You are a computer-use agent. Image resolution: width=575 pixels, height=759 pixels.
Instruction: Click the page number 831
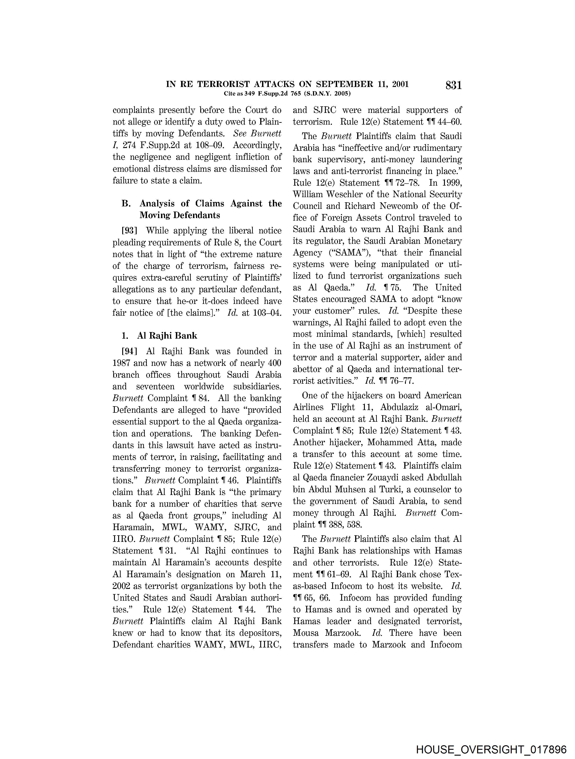click(x=453, y=85)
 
